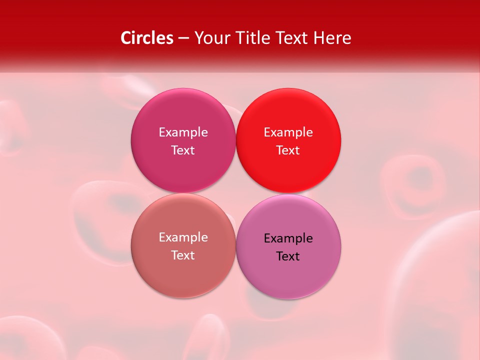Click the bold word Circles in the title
(x=146, y=38)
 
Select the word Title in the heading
(x=254, y=38)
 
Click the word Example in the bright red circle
(x=288, y=132)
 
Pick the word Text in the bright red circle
(x=288, y=150)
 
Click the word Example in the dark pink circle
(x=183, y=132)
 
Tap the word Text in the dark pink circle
(x=183, y=150)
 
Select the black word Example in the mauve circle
(x=288, y=238)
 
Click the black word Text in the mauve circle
(x=288, y=256)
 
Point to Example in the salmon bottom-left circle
(x=183, y=237)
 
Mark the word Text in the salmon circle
(x=183, y=255)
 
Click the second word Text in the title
(x=292, y=38)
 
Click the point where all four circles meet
(x=235, y=193)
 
